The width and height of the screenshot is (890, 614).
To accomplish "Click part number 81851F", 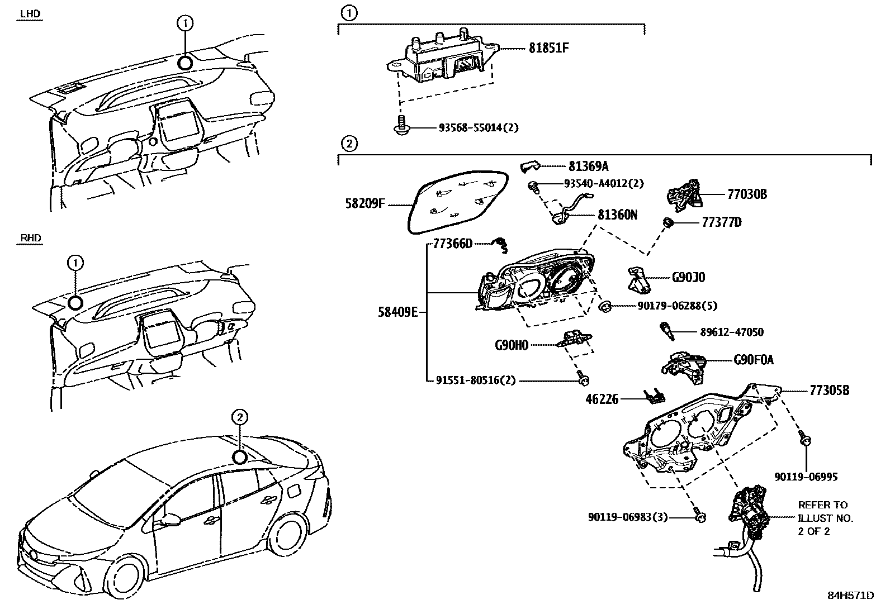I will (x=548, y=48).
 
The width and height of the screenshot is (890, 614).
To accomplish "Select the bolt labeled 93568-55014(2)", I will (x=400, y=128).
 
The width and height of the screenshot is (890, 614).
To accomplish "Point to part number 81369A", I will (x=588, y=166).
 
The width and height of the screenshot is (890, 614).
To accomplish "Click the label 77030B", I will (x=747, y=194).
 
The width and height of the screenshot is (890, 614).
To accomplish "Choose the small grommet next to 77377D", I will (x=667, y=223).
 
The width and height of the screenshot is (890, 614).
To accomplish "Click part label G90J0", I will (x=688, y=277).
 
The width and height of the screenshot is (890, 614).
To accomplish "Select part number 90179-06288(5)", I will (x=677, y=306).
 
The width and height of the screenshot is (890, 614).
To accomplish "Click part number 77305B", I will (x=829, y=391).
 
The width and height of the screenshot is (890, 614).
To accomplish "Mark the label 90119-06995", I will (x=806, y=477).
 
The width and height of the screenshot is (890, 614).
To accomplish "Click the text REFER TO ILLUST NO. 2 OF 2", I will (x=825, y=518).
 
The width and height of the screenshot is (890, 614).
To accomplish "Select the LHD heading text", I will (x=30, y=13).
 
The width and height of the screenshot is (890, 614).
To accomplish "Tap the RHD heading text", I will (x=31, y=238).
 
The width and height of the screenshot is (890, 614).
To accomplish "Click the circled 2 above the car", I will (x=239, y=417).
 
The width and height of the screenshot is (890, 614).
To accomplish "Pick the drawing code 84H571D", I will (x=850, y=595).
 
